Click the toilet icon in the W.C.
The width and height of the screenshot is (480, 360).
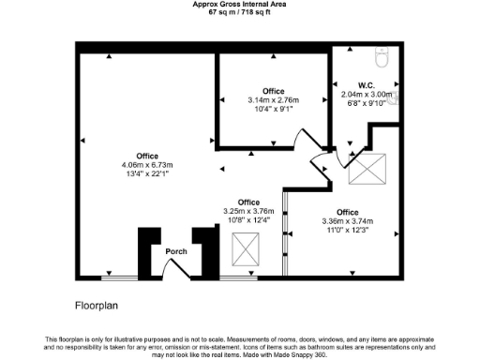pyautogui.click(x=382, y=58)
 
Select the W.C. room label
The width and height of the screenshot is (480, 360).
pyautogui.click(x=366, y=83)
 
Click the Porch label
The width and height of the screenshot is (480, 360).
pyautogui.click(x=176, y=251)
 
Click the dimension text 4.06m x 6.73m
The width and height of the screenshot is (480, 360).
pyautogui.click(x=147, y=165)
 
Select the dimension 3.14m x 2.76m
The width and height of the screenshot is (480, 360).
pyautogui.click(x=273, y=99)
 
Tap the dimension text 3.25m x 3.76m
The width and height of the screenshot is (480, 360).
pyautogui.click(x=248, y=211)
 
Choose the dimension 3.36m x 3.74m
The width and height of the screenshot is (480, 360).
pyautogui.click(x=348, y=221)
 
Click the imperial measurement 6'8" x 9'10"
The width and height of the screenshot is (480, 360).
pyautogui.click(x=367, y=103)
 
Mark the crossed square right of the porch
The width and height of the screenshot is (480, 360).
pyautogui.click(x=246, y=252)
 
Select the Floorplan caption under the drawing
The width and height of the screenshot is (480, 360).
pyautogui.click(x=97, y=306)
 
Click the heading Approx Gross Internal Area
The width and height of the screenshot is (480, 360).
pyautogui.click(x=240, y=5)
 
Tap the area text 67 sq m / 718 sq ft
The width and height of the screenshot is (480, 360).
pyautogui.click(x=240, y=13)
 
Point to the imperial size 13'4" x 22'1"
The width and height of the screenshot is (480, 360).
pyautogui.click(x=147, y=173)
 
